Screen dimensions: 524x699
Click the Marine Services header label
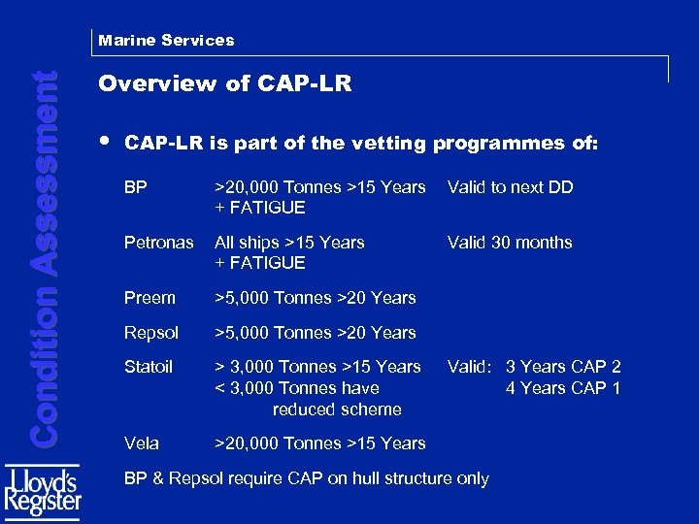pyautogui.click(x=166, y=41)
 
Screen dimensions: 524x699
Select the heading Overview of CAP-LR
pyautogui.click(x=224, y=84)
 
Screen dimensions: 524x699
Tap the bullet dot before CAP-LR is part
pyautogui.click(x=104, y=141)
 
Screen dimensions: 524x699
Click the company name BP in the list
pyautogui.click(x=135, y=187)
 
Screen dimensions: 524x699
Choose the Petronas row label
pyautogui.click(x=158, y=243)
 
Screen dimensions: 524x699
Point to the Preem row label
pyautogui.click(x=150, y=298)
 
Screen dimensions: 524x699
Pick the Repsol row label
pyautogui.click(x=152, y=333)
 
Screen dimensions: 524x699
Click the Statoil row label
pyautogui.click(x=149, y=367)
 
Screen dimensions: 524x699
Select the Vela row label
pyautogui.click(x=141, y=443)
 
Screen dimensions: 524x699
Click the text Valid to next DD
pyautogui.click(x=510, y=187)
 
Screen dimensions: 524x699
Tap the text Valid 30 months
pyautogui.click(x=510, y=243)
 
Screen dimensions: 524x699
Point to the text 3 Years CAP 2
pyautogui.click(x=563, y=367)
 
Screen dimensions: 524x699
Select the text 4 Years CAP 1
pyautogui.click(x=563, y=388)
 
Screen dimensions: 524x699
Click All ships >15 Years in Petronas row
pyautogui.click(x=289, y=243)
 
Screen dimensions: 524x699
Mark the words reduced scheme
pyautogui.click(x=337, y=409)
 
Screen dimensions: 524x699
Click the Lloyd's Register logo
pyautogui.click(x=43, y=493)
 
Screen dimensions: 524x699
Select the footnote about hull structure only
pyautogui.click(x=307, y=478)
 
